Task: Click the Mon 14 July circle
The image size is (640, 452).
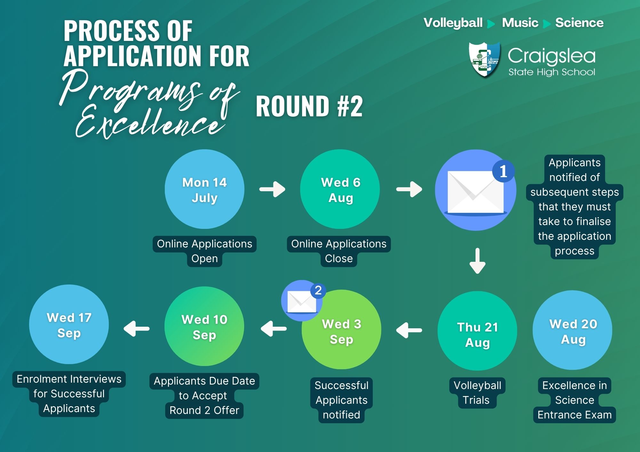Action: pos(204,189)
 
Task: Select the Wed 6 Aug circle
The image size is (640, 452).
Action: pos(340,189)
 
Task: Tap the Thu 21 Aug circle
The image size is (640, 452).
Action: pos(477,331)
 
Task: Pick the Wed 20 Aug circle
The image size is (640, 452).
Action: pos(572,330)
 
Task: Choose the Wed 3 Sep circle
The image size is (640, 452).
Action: pos(341,330)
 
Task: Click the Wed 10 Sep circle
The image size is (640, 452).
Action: pos(204,326)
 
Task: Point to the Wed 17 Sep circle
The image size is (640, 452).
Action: pos(69,324)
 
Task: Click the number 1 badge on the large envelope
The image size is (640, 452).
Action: pos(503,171)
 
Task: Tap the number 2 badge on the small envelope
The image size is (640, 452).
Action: pos(318,291)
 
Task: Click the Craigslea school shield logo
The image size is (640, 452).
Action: pos(484,60)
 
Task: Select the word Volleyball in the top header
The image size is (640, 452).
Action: pos(453,23)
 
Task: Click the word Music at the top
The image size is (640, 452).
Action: pos(520,23)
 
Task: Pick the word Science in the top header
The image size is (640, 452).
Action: pos(580,23)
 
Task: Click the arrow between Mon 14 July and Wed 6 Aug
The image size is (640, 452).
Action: pos(272,189)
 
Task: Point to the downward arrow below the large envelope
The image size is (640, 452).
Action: pos(477,261)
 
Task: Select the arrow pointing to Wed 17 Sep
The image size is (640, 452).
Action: pos(137,329)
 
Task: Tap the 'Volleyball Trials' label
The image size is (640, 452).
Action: pos(477,393)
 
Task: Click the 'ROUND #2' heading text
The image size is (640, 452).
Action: pos(309,106)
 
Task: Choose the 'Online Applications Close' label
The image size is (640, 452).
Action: pos(339,251)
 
